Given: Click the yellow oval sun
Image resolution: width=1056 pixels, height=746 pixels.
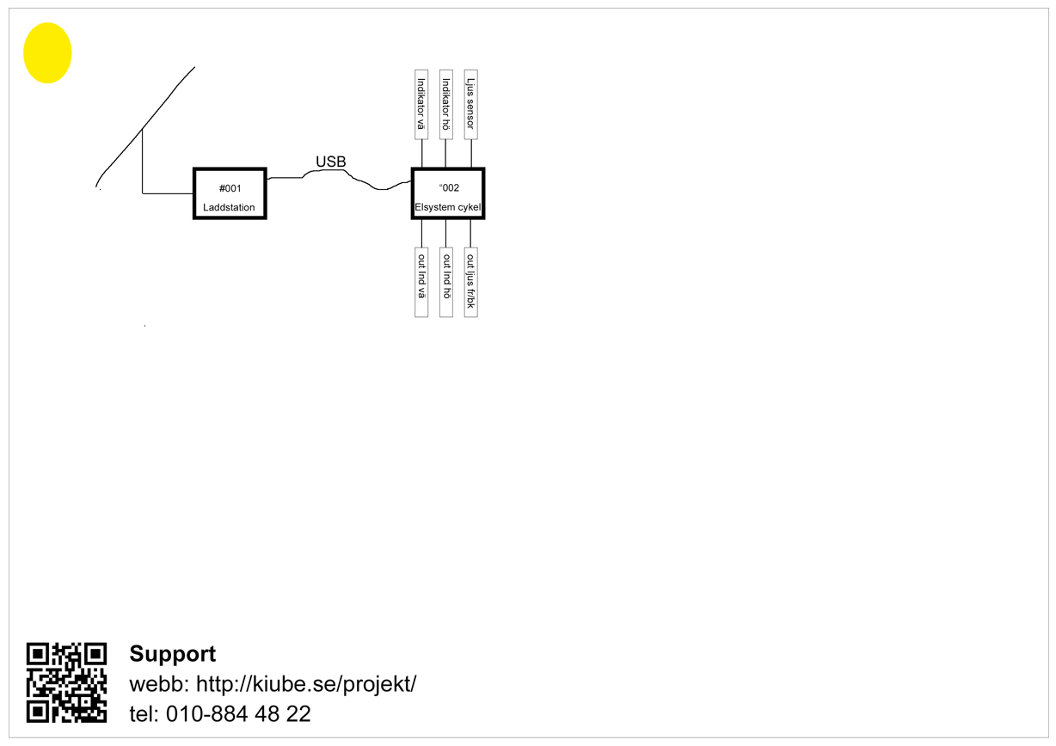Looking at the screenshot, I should point(47,52).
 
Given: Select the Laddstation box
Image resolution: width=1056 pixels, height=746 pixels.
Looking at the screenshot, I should point(230,193).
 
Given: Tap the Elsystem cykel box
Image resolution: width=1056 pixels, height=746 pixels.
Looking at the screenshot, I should point(448,193).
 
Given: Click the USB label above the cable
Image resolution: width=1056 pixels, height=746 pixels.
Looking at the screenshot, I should point(330,162).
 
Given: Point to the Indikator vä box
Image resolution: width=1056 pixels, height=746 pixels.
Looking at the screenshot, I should point(421,105).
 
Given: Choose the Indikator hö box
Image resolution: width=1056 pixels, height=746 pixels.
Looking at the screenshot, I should point(445,105).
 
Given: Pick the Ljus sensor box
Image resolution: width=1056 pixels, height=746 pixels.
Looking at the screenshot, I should point(470,105).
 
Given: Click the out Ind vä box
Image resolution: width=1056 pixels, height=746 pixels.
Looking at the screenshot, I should point(421,283).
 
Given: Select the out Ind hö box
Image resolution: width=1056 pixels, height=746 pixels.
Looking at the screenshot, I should point(445,283).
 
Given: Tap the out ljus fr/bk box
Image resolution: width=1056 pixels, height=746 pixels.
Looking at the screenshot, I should point(470,283).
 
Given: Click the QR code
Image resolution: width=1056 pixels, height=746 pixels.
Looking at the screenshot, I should point(66,682).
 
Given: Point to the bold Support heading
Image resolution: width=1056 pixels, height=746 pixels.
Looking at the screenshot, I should point(172,654).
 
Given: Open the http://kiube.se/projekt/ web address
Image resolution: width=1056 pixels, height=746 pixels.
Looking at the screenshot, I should point(307,685).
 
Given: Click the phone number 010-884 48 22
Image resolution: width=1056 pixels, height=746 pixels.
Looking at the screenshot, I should point(238,714).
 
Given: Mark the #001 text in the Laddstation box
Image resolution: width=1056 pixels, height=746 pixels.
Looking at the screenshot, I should point(230,187).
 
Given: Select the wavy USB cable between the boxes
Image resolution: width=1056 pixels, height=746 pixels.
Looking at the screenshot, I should point(361,181).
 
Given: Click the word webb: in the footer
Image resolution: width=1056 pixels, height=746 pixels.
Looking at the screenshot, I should point(160,685).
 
